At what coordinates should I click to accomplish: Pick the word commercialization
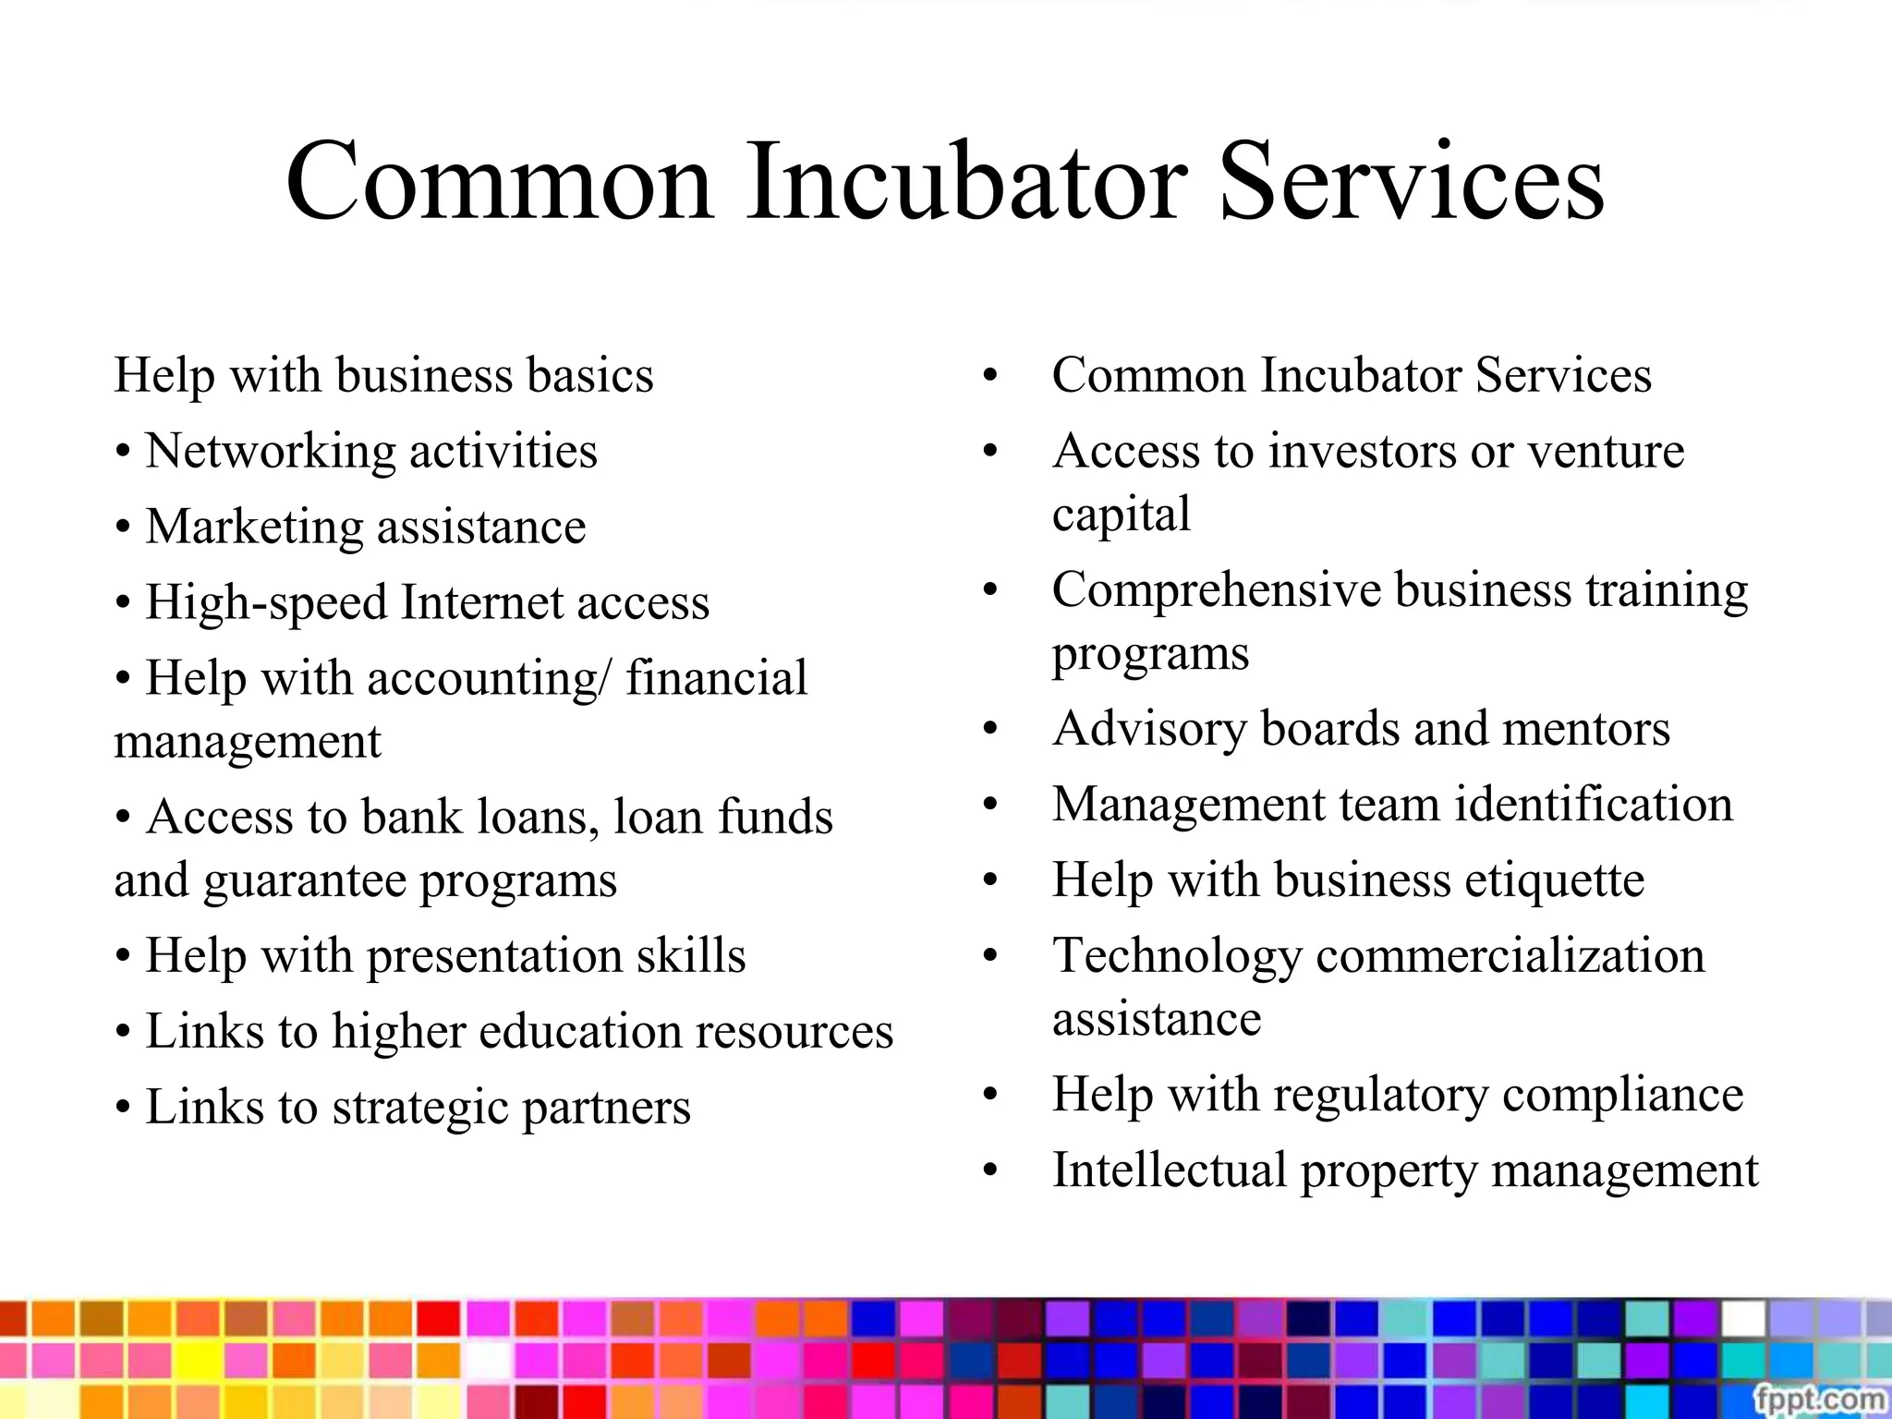coord(1510,956)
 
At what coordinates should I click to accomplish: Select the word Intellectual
coord(1170,1170)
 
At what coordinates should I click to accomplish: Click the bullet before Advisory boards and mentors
coord(990,729)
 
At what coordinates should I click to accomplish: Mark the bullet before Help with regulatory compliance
coord(990,1095)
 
